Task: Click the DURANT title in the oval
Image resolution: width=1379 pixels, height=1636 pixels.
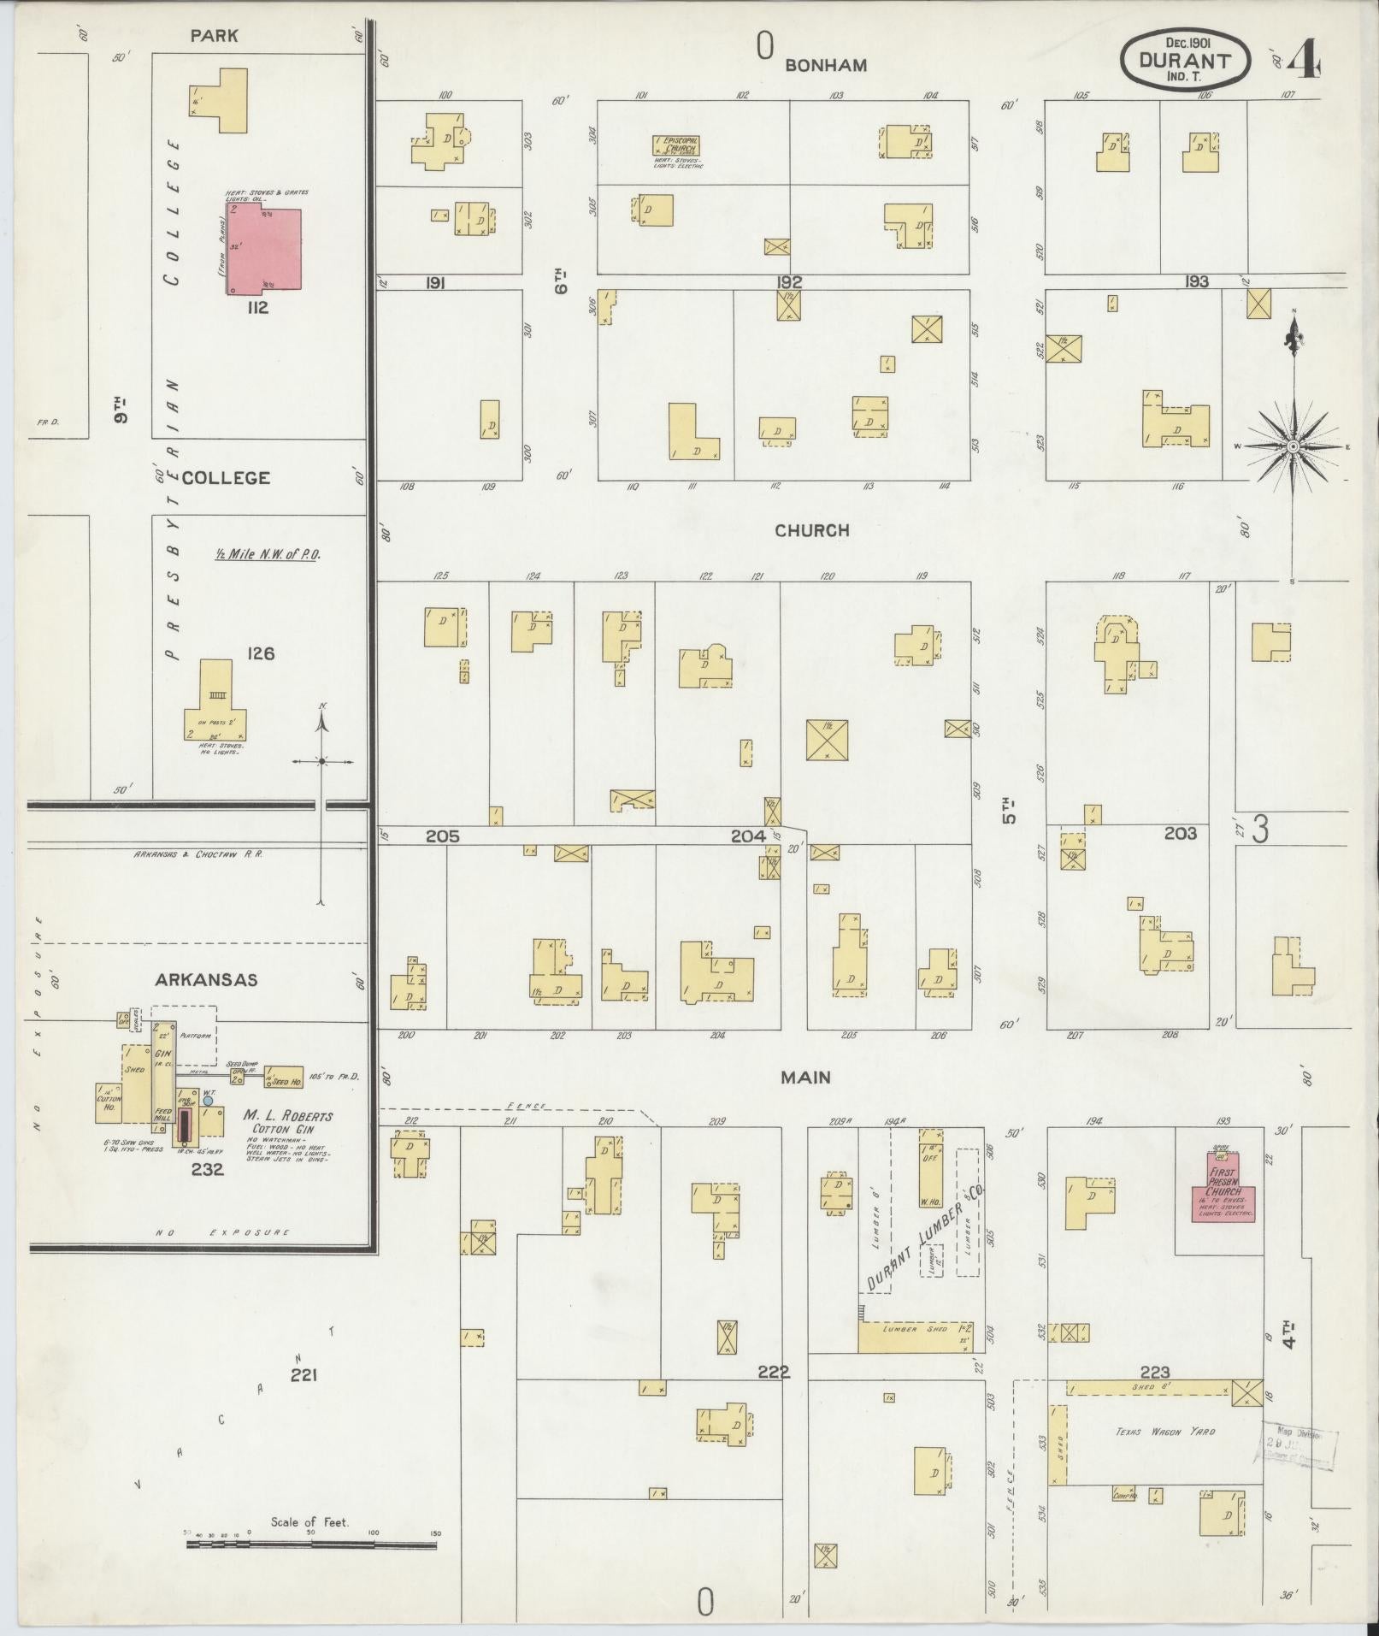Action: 1185,61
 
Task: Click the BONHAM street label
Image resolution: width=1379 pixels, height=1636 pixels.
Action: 826,65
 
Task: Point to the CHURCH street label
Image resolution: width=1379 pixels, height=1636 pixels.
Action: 811,530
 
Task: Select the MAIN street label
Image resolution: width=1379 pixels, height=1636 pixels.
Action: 805,1078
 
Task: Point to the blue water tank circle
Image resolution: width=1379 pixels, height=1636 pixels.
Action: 208,1101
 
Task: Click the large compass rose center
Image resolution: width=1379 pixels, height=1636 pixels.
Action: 1293,446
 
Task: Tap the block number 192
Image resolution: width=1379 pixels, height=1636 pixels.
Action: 789,282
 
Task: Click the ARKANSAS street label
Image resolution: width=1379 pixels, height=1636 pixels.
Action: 206,980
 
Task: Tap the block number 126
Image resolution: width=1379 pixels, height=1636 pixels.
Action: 261,653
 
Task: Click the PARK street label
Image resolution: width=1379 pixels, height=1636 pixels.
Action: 215,36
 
